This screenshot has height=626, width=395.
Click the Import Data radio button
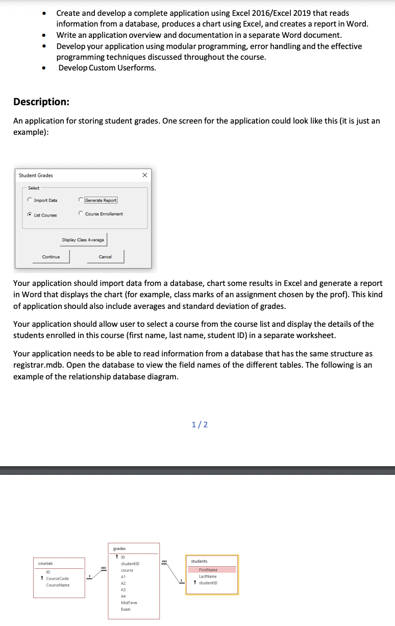pos(31,200)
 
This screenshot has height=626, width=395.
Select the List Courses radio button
pos(31,215)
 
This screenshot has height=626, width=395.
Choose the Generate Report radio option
pos(81,200)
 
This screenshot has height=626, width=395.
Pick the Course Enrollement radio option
pos(81,213)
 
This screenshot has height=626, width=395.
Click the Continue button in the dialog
pos(51,256)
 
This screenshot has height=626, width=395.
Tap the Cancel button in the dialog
pos(105,256)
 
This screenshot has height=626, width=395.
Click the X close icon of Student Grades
pos(144,175)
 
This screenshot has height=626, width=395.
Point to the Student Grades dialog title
pos(36,175)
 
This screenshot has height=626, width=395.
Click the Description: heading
pos(41,102)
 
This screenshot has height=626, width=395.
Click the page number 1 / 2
pos(200,424)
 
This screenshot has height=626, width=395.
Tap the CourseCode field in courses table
pos(57,579)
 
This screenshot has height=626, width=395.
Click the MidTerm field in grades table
pos(129,603)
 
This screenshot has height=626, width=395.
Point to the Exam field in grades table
pos(126,609)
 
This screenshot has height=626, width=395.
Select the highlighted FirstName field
pos(208,570)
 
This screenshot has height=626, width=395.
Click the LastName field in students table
pos(208,576)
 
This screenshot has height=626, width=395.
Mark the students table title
pos(199,561)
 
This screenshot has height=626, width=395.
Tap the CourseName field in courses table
pos(58,585)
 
